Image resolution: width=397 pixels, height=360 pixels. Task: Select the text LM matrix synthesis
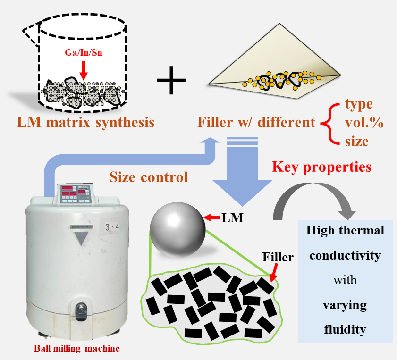[86, 123]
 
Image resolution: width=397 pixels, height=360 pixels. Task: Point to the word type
[359, 104]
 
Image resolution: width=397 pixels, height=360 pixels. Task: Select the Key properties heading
[321, 167]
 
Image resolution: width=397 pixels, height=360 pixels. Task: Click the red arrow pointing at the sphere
[213, 218]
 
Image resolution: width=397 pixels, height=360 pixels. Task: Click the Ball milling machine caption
[77, 349]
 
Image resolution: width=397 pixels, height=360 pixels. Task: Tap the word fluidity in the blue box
[345, 328]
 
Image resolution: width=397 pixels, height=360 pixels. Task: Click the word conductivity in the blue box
[346, 255]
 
